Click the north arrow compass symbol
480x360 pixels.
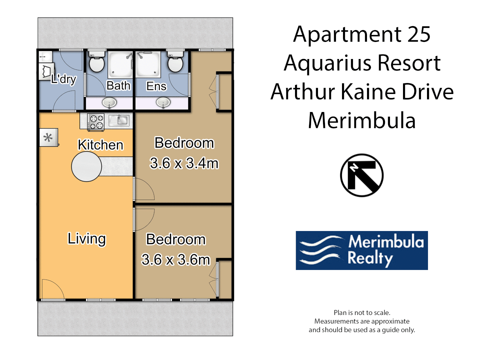tap(362, 175)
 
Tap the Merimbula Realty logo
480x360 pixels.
tap(362, 250)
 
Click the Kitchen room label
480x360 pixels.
tap(100, 145)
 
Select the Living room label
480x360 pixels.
tap(87, 239)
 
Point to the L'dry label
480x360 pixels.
tap(64, 79)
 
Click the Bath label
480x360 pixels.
tap(118, 86)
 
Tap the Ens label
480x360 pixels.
tap(156, 86)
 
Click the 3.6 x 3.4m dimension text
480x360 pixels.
tap(184, 163)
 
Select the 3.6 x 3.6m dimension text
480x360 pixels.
tap(176, 260)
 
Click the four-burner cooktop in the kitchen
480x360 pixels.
tap(96, 122)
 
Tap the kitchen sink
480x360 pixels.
tap(119, 120)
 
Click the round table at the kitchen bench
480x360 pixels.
tap(86, 166)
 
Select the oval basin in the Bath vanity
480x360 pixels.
tap(109, 102)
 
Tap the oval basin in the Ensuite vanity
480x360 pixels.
tap(163, 102)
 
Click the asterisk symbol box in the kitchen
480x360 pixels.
tap(48, 138)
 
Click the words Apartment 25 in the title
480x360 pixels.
tap(362, 34)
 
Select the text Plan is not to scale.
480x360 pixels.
tap(362, 313)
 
